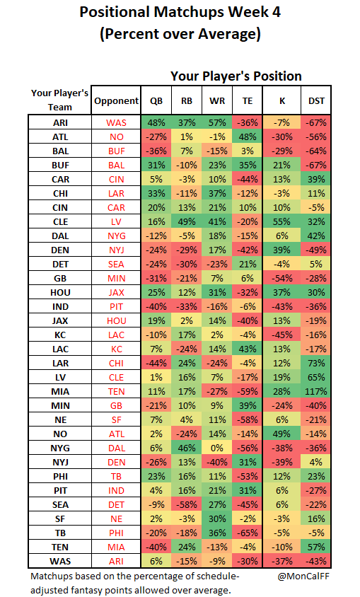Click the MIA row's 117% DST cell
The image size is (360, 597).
(x=316, y=391)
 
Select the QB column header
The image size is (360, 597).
(x=156, y=101)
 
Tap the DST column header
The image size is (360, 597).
(x=316, y=101)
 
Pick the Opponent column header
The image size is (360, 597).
(x=117, y=101)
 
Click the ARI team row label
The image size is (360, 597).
(x=60, y=122)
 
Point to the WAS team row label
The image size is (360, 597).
(x=60, y=561)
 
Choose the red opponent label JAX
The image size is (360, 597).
(x=117, y=292)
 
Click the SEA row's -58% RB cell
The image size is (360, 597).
(x=187, y=504)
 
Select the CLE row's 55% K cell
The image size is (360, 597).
(x=282, y=221)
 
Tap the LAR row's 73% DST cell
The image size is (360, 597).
(x=316, y=364)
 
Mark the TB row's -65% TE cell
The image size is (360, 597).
(x=248, y=533)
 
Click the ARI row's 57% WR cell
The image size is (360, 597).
(x=217, y=122)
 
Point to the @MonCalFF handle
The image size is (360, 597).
(x=303, y=576)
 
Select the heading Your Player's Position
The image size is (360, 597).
(x=236, y=76)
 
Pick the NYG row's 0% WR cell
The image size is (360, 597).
(x=217, y=448)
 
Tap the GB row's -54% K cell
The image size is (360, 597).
(x=282, y=278)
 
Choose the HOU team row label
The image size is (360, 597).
(x=60, y=292)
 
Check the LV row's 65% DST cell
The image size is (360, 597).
(x=316, y=377)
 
